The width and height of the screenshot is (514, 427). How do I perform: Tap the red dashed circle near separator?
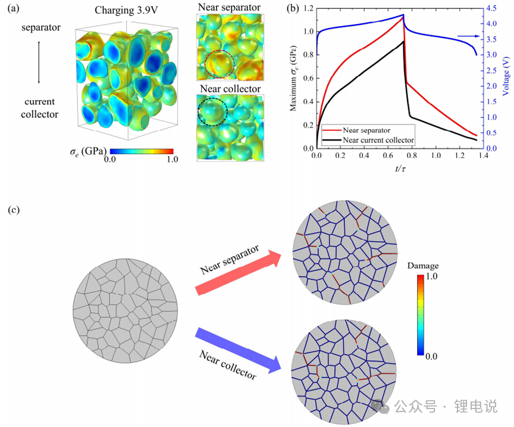pyautogui.click(x=220, y=63)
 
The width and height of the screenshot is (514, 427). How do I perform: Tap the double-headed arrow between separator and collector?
pyautogui.click(x=39, y=62)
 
